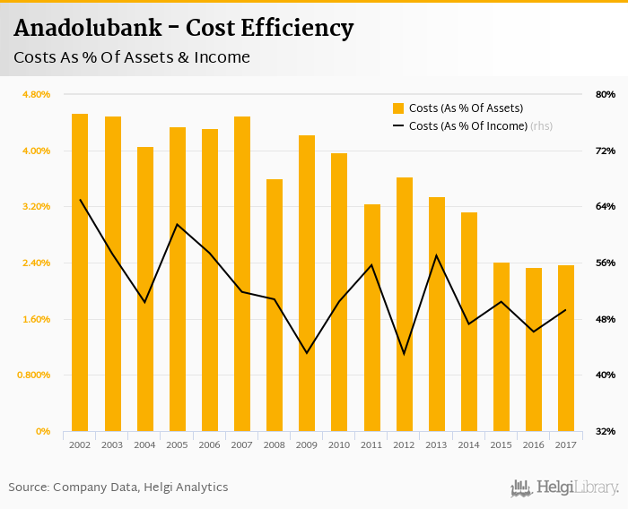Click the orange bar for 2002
point(80,272)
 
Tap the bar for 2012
point(405,305)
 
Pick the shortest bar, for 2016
point(534,349)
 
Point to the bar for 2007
point(242,273)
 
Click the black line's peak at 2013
point(437,255)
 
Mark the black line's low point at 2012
point(405,354)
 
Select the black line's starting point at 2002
point(80,200)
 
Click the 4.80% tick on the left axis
point(36,94)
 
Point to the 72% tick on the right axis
point(605,151)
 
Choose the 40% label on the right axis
point(605,375)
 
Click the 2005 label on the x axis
point(178,444)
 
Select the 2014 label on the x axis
point(469,444)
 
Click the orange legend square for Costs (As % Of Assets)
point(398,108)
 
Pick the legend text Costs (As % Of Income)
point(467,126)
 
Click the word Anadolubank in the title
point(88,29)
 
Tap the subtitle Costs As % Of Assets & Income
point(132,58)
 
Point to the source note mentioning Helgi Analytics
point(118,487)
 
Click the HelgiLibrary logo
point(564,487)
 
